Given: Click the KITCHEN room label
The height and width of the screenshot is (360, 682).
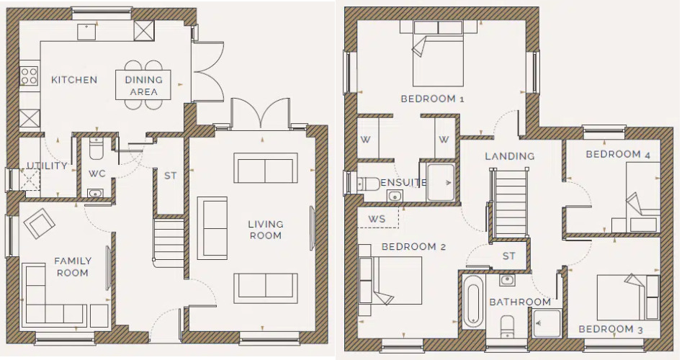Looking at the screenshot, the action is click(74, 80).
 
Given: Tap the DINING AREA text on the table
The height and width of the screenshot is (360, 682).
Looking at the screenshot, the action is click(143, 86).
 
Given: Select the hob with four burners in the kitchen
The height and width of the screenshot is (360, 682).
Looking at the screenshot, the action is click(29, 76).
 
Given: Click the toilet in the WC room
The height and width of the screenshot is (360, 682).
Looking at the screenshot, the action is click(96, 149).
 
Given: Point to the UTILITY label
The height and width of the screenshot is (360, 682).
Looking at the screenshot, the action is click(48, 166).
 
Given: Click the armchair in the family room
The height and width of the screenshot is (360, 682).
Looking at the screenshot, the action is click(40, 222).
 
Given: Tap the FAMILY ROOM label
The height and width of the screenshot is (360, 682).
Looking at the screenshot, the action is click(73, 267).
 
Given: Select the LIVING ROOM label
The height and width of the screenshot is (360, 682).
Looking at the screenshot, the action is click(265, 230).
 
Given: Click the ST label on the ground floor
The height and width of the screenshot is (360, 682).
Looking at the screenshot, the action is click(170, 176).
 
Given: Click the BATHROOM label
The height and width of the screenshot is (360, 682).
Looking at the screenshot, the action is click(520, 302).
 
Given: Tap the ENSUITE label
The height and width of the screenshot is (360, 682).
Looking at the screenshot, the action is click(403, 183).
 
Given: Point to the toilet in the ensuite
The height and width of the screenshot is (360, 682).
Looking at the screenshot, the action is click(368, 184).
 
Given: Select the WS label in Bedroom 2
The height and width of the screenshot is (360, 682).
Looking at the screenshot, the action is click(377, 218).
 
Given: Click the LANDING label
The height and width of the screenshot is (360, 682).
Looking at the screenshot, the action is click(510, 156).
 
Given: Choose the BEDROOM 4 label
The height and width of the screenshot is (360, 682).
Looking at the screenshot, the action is click(618, 154).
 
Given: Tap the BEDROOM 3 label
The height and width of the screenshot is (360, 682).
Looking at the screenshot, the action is click(610, 329).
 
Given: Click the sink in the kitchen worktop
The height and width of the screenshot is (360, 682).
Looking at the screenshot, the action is click(86, 32).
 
